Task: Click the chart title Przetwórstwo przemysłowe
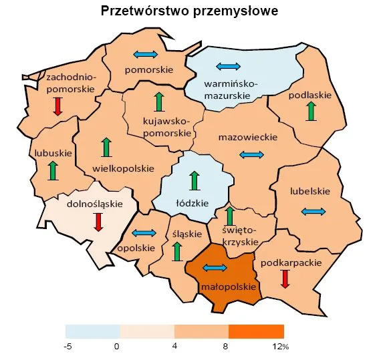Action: (189, 11)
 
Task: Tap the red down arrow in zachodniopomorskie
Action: (57, 106)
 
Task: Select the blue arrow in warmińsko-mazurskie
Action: (228, 66)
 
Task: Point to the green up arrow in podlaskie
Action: (311, 111)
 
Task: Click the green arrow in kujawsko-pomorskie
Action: (158, 102)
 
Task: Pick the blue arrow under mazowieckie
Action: (252, 155)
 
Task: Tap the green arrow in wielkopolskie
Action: (105, 148)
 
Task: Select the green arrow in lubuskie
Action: (53, 171)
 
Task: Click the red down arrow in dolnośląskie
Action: (99, 221)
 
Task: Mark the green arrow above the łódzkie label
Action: (195, 181)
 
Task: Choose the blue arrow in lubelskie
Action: (313, 212)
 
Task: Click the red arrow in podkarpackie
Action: (285, 279)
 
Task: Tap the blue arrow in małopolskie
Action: (215, 268)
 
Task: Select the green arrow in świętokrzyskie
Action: (229, 216)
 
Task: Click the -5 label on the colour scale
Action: (68, 347)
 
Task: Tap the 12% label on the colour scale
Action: (281, 347)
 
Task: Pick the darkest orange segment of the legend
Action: (256, 331)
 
